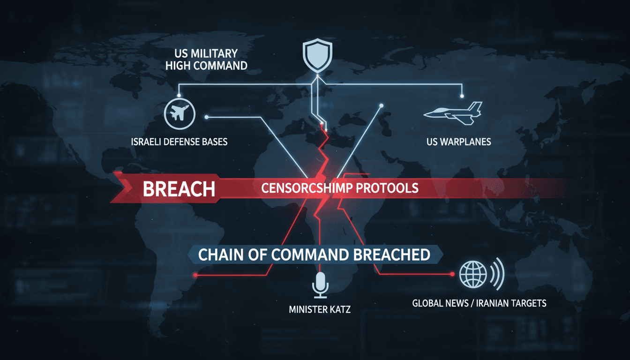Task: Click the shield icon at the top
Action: pyautogui.click(x=317, y=54)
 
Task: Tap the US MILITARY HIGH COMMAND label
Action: pyautogui.click(x=206, y=60)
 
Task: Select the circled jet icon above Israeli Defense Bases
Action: pyautogui.click(x=180, y=113)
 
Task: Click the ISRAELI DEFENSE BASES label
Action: pyautogui.click(x=179, y=142)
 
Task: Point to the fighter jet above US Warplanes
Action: pyautogui.click(x=453, y=113)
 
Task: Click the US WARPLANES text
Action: pyautogui.click(x=459, y=142)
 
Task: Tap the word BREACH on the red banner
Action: pyautogui.click(x=179, y=189)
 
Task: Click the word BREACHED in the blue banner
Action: pyautogui.click(x=392, y=255)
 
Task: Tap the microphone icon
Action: pyautogui.click(x=320, y=285)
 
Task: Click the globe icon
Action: pyautogui.click(x=473, y=274)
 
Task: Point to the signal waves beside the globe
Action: pyautogui.click(x=497, y=274)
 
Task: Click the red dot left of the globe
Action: pyautogui.click(x=452, y=274)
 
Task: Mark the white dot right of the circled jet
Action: pyautogui.click(x=206, y=117)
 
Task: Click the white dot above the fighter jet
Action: pyautogui.click(x=462, y=96)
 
